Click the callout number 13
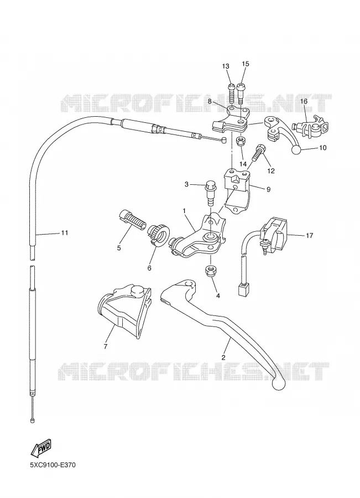click(x=226, y=66)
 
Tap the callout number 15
click(x=246, y=64)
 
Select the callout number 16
click(x=304, y=101)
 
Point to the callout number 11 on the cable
click(x=65, y=233)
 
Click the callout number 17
click(x=309, y=235)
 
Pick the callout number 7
click(x=106, y=346)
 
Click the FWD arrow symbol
click(x=40, y=448)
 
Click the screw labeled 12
click(x=258, y=153)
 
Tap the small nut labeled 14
click(x=241, y=141)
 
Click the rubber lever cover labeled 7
click(x=124, y=310)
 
